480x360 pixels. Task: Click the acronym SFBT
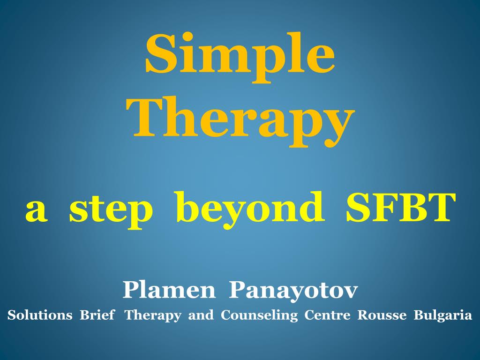400,208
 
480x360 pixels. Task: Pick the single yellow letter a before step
36,211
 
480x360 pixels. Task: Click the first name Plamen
169,291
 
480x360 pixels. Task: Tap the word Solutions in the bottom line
40,315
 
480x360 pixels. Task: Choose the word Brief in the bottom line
97,315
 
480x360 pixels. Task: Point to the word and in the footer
201,315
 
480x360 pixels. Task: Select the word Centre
327,315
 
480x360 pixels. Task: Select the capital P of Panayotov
236,291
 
